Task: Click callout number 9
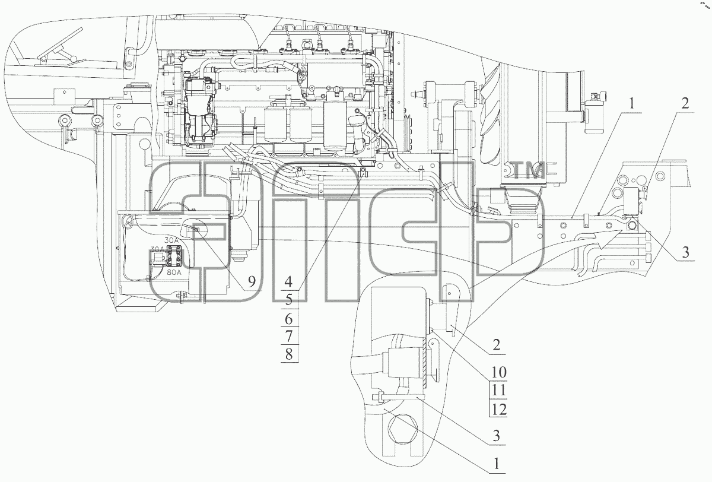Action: [252, 281]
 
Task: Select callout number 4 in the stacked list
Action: [288, 281]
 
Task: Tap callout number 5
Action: [288, 300]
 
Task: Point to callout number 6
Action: [288, 318]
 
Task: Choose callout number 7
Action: [288, 336]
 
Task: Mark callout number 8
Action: [288, 354]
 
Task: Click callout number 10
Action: [499, 372]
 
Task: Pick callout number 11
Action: [499, 390]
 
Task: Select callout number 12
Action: [499, 409]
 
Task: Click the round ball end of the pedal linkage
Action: [74, 59]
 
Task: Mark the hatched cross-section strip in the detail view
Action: [425, 368]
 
